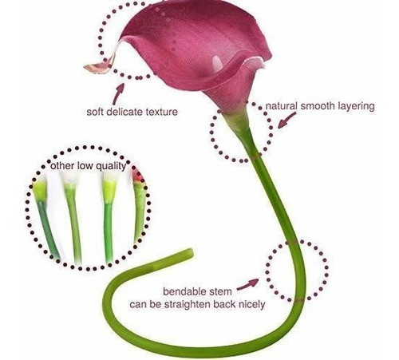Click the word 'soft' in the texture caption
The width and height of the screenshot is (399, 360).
click(x=93, y=112)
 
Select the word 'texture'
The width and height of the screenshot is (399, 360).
click(x=158, y=112)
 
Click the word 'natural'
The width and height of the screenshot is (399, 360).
click(x=282, y=106)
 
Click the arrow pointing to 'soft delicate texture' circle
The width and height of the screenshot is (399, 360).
click(x=118, y=94)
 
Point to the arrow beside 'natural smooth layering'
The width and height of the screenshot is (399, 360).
click(x=286, y=120)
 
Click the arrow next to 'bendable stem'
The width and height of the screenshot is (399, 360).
click(x=247, y=284)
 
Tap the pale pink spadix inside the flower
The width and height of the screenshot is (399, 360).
click(x=218, y=64)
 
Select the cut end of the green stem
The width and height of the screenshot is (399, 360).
click(x=191, y=253)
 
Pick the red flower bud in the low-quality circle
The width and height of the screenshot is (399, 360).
click(x=138, y=176)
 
